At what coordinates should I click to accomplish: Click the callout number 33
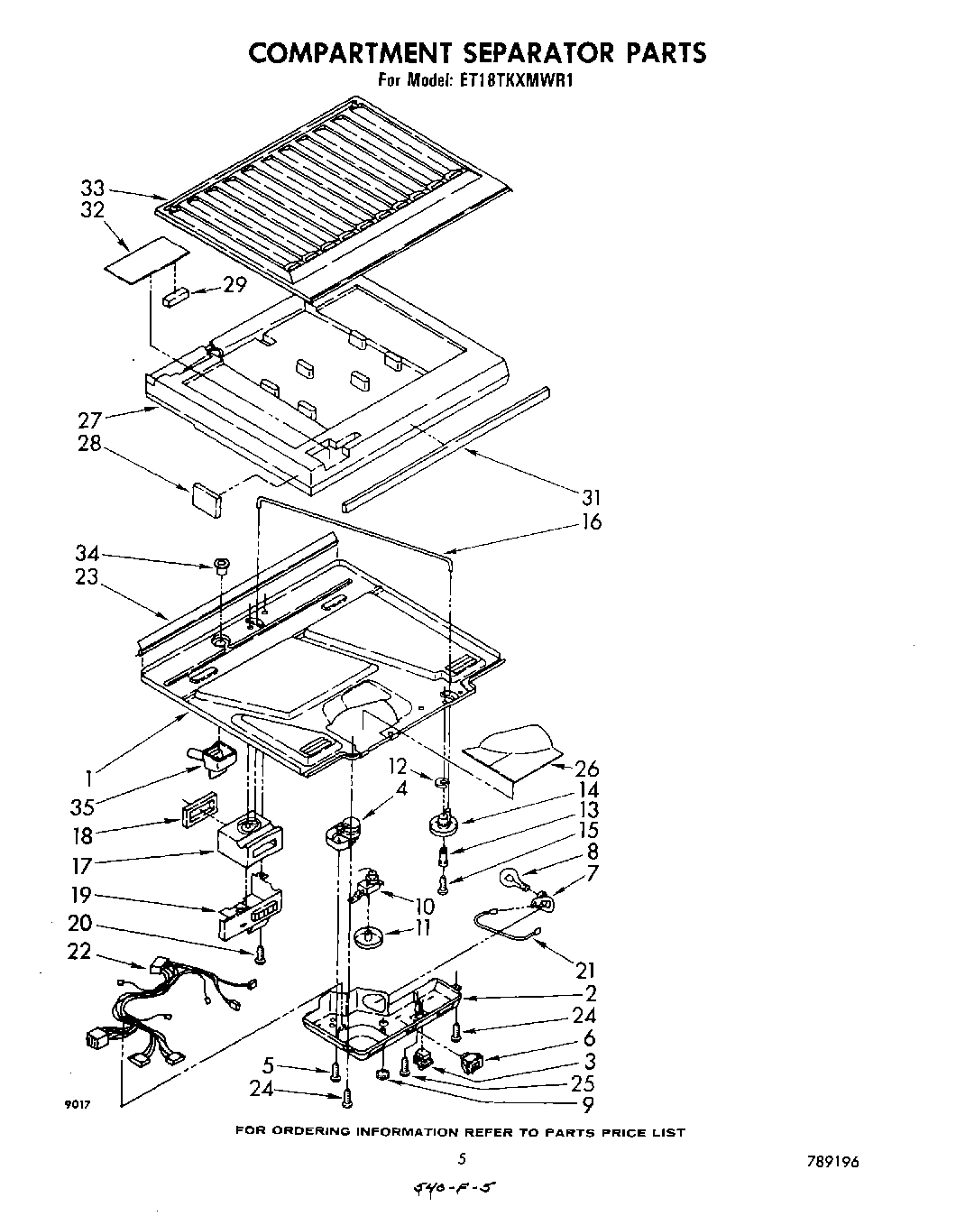[92, 189]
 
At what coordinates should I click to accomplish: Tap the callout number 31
[591, 497]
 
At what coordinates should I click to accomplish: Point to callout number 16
[592, 521]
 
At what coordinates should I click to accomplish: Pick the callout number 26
[587, 769]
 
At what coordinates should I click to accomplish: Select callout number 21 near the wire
[585, 970]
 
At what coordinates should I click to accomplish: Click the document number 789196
[825, 1161]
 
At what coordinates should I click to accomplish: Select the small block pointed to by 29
[176, 297]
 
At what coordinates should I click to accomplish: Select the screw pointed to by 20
[261, 953]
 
